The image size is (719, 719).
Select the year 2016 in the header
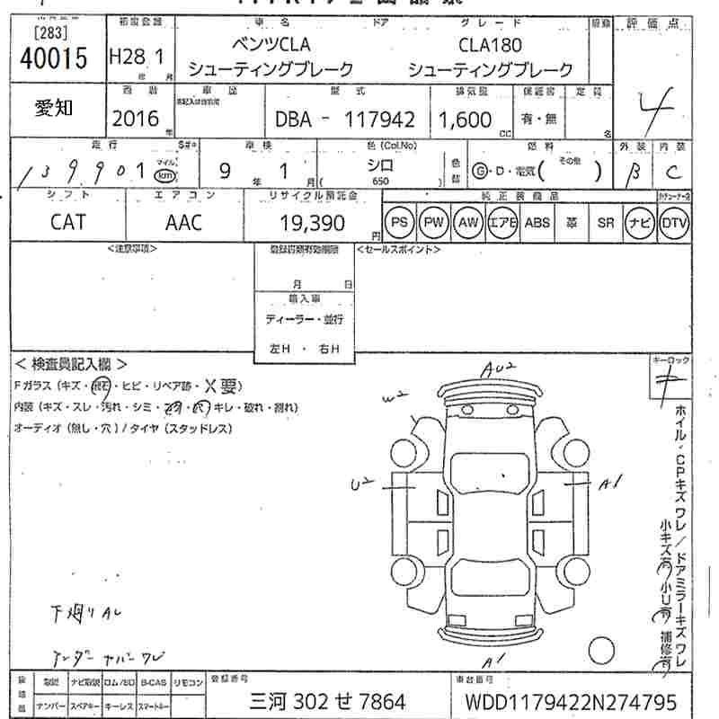136,119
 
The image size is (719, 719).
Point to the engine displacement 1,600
464,120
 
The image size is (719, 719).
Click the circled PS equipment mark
400,222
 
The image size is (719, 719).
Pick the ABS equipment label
537,222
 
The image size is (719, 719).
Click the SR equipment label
605,222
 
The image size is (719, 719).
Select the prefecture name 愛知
55,108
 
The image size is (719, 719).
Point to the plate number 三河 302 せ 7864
326,701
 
